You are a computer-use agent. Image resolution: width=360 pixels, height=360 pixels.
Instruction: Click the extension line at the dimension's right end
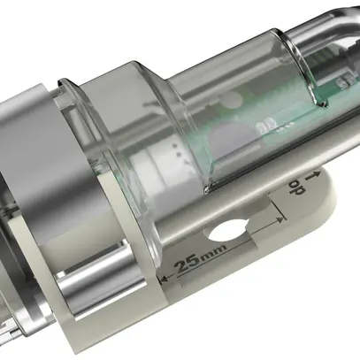[x=282, y=216]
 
